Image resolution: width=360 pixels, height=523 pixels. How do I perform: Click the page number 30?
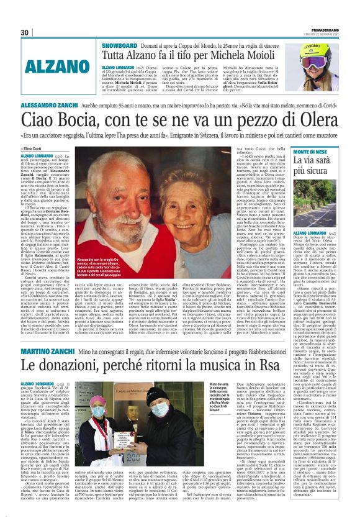pyautogui.click(x=25, y=32)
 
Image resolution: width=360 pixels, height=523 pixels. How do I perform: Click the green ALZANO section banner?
pyautogui.click(x=52, y=66)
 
